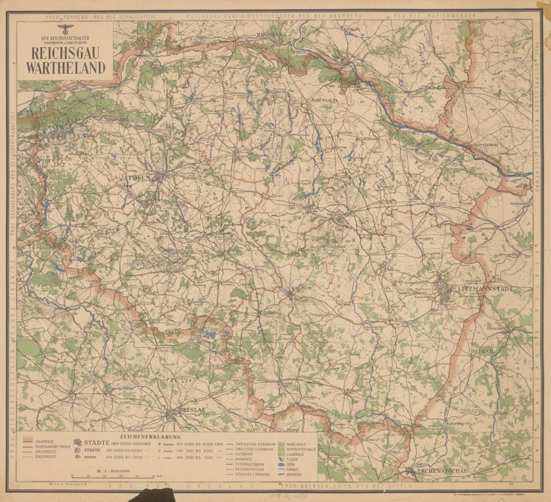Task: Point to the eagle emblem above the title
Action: (x=65, y=26)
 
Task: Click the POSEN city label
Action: (x=139, y=177)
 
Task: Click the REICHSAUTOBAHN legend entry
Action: (x=247, y=464)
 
